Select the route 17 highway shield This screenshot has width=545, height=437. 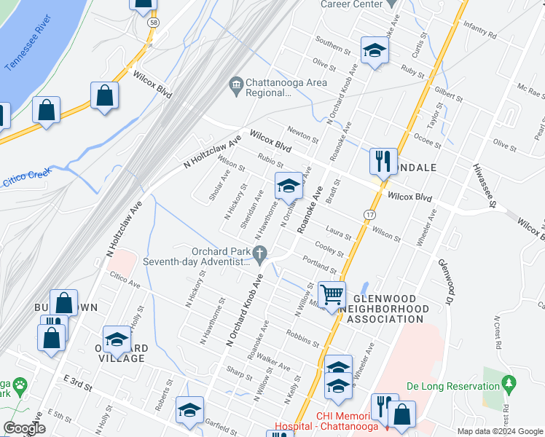[370, 215]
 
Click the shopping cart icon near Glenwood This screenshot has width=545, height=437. [332, 295]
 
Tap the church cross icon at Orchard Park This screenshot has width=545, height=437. [260, 252]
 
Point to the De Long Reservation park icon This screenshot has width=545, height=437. [509, 382]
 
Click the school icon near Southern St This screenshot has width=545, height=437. [375, 50]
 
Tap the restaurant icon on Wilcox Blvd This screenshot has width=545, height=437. [383, 161]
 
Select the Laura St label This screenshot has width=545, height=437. [338, 232]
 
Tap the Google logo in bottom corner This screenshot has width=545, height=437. [23, 428]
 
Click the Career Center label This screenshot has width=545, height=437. [352, 4]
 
